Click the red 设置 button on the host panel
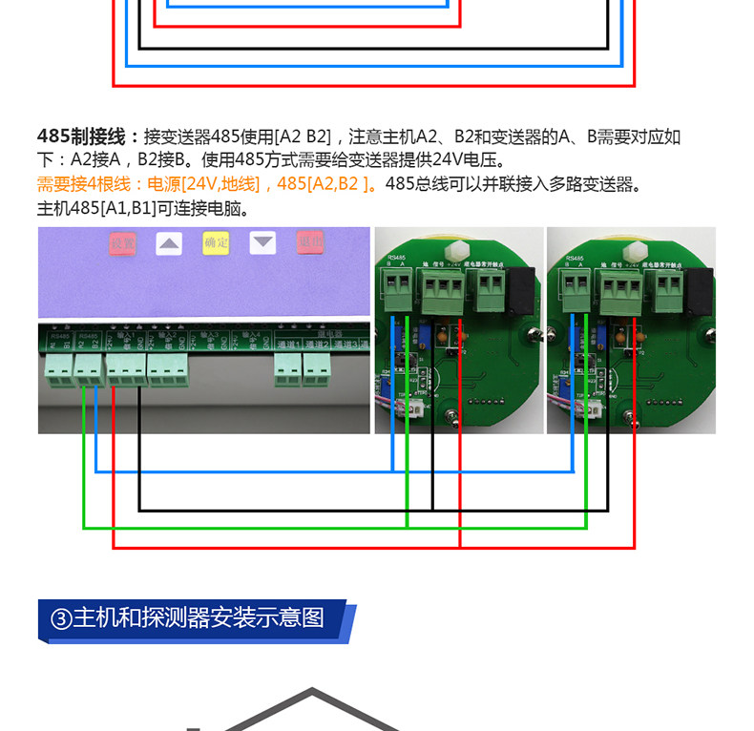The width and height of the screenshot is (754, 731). tap(123, 243)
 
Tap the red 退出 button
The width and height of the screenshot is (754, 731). tap(309, 242)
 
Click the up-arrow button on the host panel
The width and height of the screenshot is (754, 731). tap(169, 243)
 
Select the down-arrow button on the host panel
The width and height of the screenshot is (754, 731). tap(262, 243)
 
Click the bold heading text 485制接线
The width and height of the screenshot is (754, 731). tap(88, 136)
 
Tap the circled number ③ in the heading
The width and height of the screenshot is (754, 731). tap(60, 618)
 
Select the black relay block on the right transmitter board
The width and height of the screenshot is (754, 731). tap(701, 287)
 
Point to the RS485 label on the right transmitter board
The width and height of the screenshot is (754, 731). tap(574, 258)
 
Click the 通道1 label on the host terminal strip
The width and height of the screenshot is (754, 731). tap(288, 343)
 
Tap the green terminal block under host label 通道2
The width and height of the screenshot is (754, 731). tap(317, 369)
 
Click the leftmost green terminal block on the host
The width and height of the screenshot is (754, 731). tap(57, 369)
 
